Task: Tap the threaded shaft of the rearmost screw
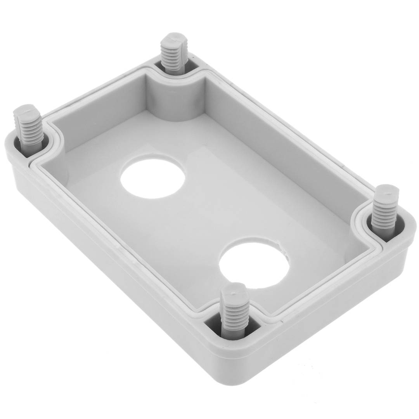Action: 174,58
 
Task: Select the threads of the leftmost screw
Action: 29,130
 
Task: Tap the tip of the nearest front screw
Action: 235,289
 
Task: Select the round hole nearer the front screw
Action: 254,265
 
